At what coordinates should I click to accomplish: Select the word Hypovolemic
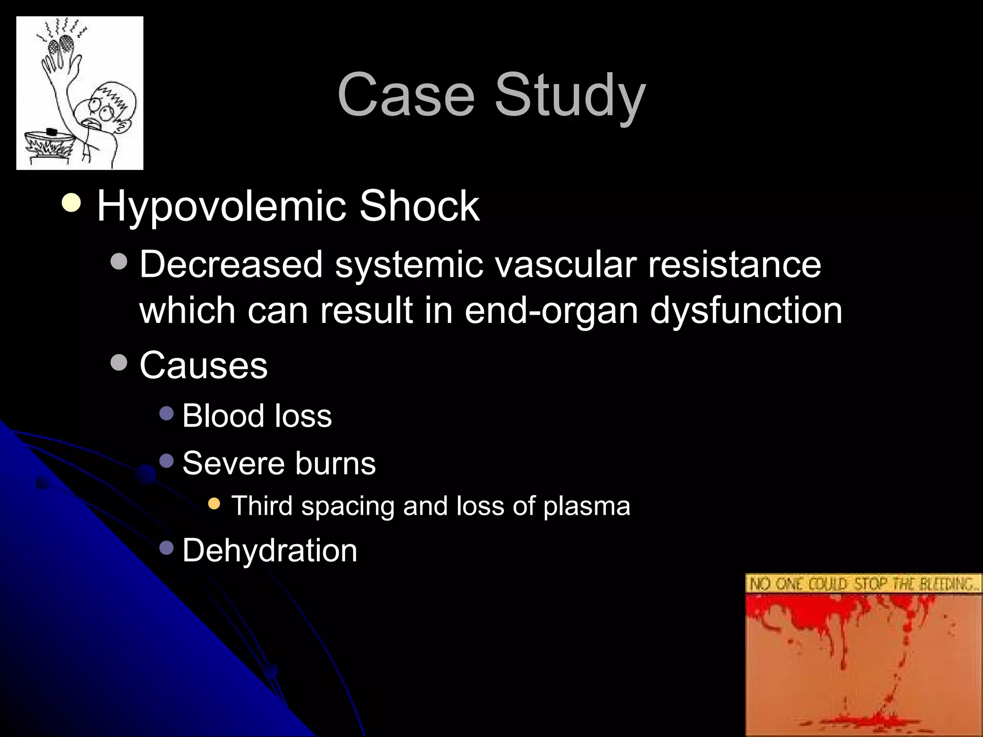tap(221, 207)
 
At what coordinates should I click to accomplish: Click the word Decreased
tap(231, 264)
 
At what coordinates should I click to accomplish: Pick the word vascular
tap(564, 264)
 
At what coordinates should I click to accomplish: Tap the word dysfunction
tap(746, 310)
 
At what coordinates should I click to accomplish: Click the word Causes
tap(204, 365)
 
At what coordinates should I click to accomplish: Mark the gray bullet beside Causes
tap(118, 363)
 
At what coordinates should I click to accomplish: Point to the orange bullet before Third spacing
tap(214, 504)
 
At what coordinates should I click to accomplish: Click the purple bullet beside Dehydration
tap(166, 547)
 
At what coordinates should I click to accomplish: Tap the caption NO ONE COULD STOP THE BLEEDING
tap(863, 584)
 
